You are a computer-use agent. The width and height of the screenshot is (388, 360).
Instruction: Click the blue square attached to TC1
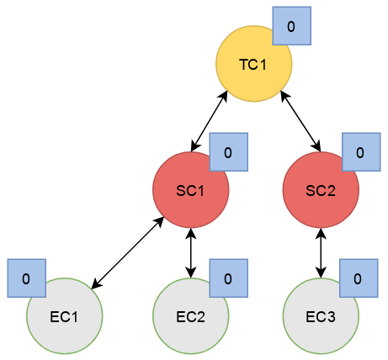coord(292,26)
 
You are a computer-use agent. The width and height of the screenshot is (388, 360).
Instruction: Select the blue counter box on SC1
coord(229,152)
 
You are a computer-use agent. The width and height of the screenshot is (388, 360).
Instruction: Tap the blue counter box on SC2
coord(361,152)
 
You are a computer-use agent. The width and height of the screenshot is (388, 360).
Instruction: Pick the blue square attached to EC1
coord(27,278)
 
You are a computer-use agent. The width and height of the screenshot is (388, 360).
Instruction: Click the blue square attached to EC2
coord(229,278)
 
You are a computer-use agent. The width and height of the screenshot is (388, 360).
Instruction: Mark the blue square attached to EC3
coord(359,278)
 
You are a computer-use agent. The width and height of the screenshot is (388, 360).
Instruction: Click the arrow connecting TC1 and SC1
coord(209,121)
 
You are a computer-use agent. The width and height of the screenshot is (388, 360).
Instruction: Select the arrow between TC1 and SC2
coord(300,121)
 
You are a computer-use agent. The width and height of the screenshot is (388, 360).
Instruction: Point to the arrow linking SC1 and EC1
coord(128,252)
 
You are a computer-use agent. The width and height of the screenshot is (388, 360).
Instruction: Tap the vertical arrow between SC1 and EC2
coord(191,253)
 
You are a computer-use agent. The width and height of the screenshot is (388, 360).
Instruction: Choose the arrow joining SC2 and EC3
coord(321,253)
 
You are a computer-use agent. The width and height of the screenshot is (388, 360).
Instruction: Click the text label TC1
coord(252,65)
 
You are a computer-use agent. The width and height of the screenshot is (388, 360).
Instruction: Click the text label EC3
coord(321,317)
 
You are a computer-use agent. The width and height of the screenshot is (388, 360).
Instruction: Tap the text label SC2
coord(321,191)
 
